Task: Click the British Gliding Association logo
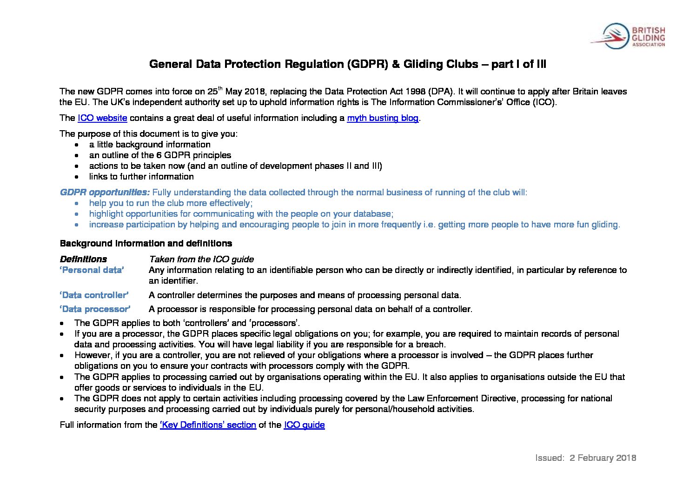pos(628,36)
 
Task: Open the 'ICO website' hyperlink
pos(102,118)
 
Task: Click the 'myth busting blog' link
pos(383,118)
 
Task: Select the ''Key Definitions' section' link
pos(208,425)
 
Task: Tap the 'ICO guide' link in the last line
pos(304,425)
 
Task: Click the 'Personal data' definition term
pos(92,270)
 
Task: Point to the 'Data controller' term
pos(94,295)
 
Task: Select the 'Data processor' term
pos(95,309)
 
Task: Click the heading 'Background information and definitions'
pos(146,244)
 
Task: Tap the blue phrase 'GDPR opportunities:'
pos(105,193)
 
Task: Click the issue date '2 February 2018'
pos(603,458)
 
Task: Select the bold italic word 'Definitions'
pos(83,259)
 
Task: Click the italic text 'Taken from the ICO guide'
pos(201,259)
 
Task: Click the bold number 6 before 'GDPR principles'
pos(159,155)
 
